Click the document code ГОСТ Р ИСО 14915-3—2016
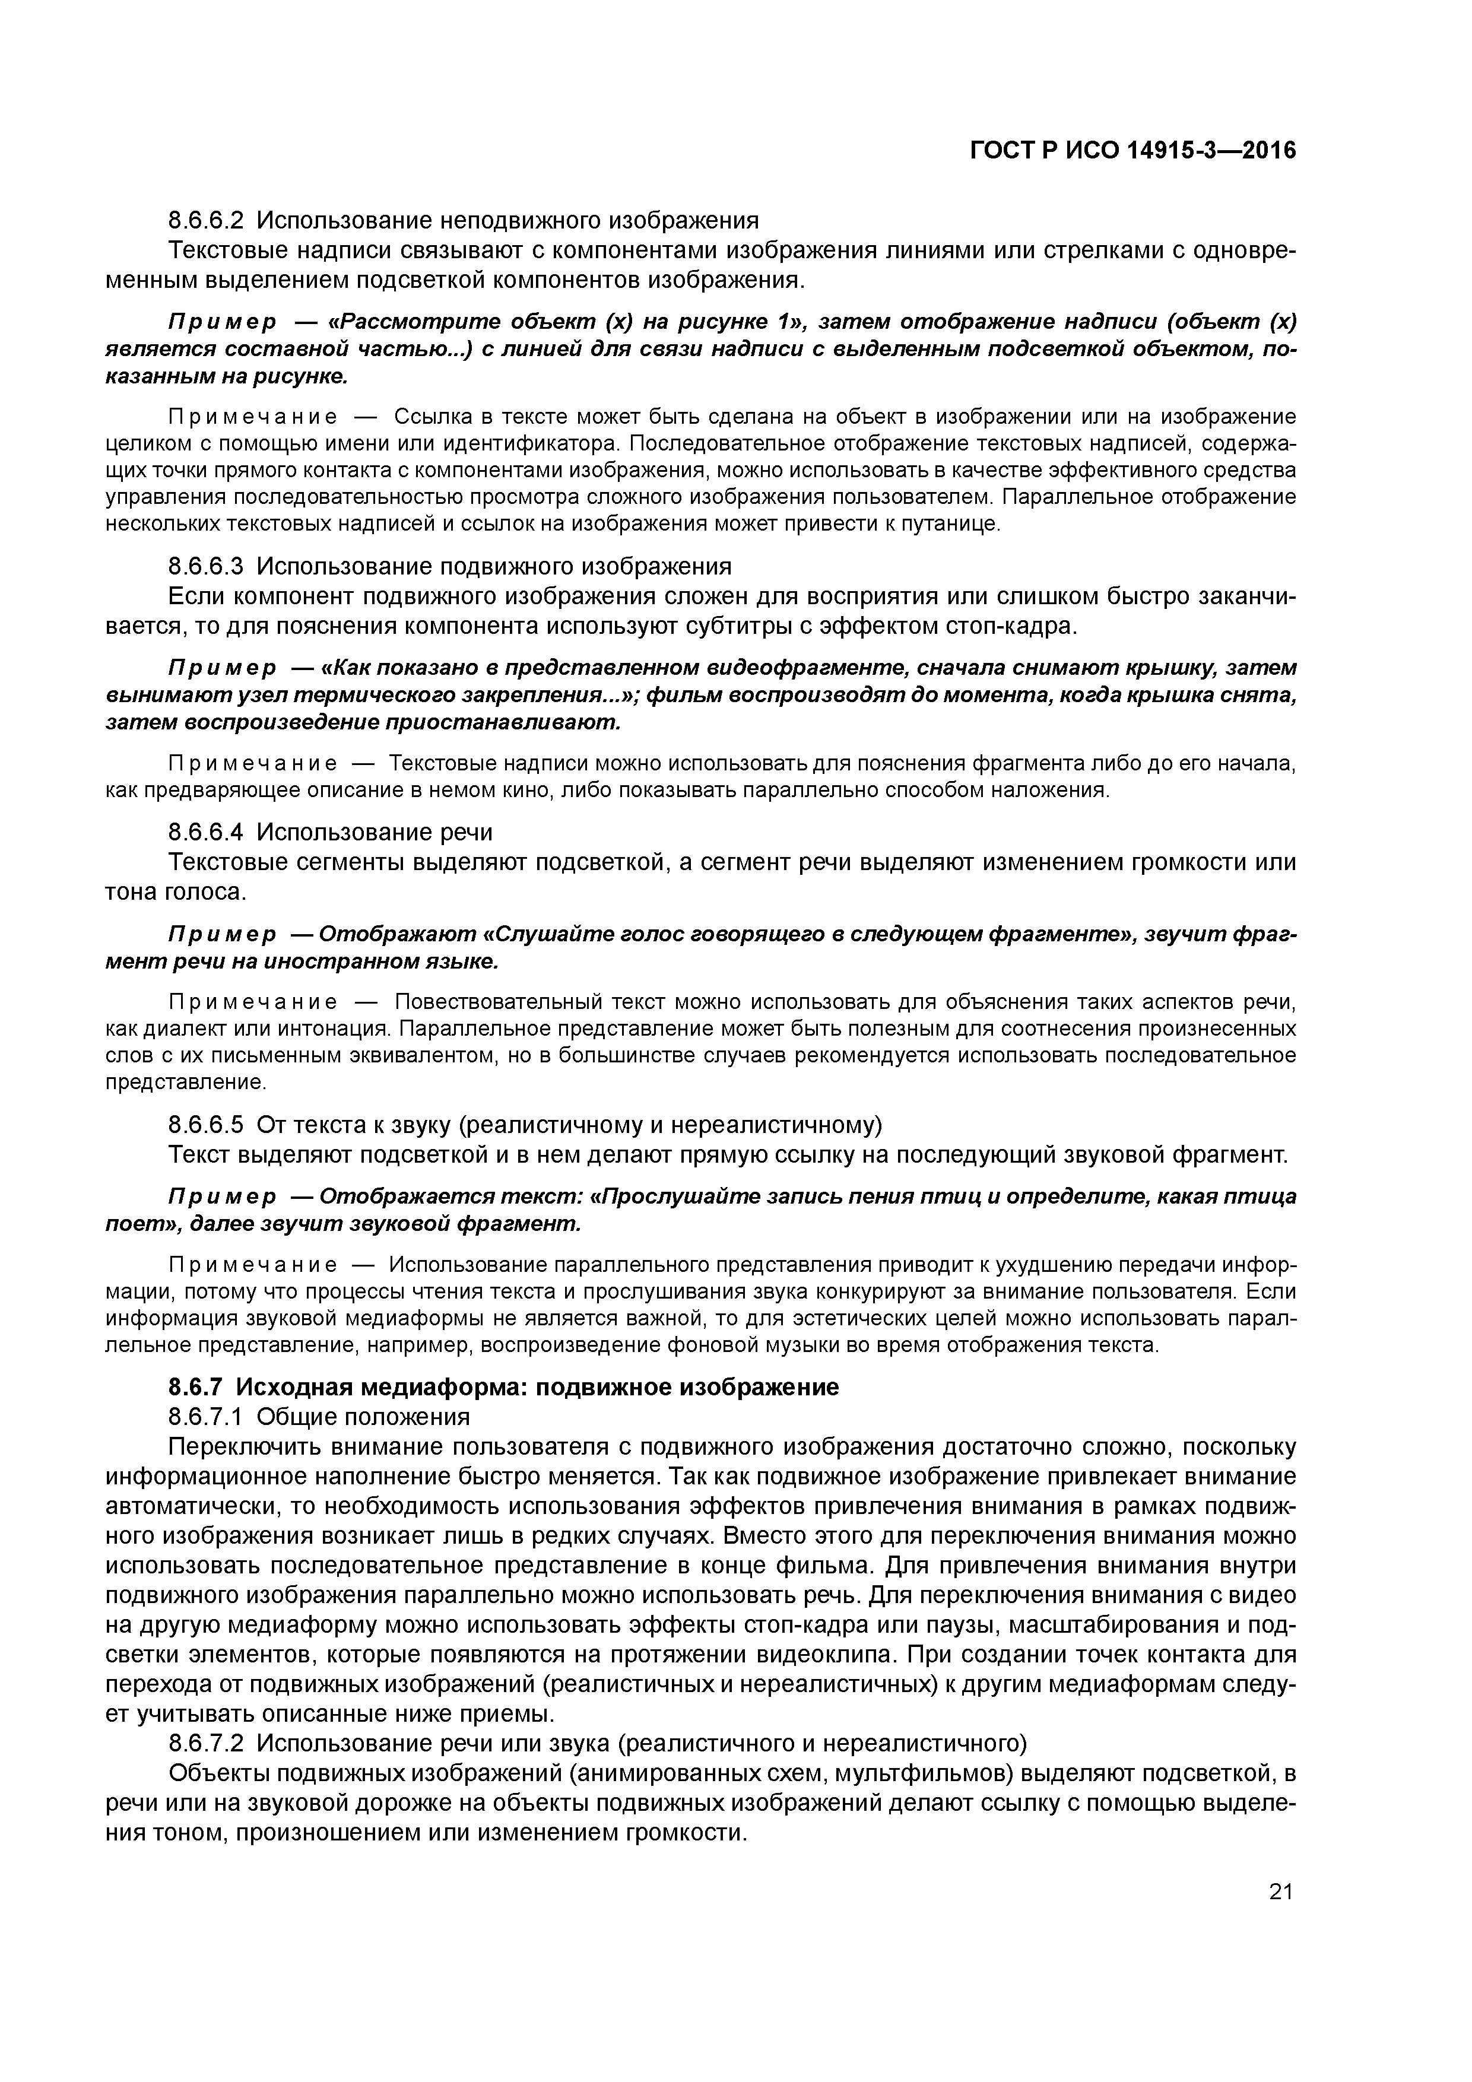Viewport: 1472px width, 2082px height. pos(1134,150)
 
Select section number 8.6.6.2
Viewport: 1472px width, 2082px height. pos(206,220)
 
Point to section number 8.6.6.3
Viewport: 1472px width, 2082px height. pos(206,567)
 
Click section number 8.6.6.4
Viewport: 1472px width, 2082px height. pos(206,831)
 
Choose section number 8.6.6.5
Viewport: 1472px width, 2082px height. pos(206,1125)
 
